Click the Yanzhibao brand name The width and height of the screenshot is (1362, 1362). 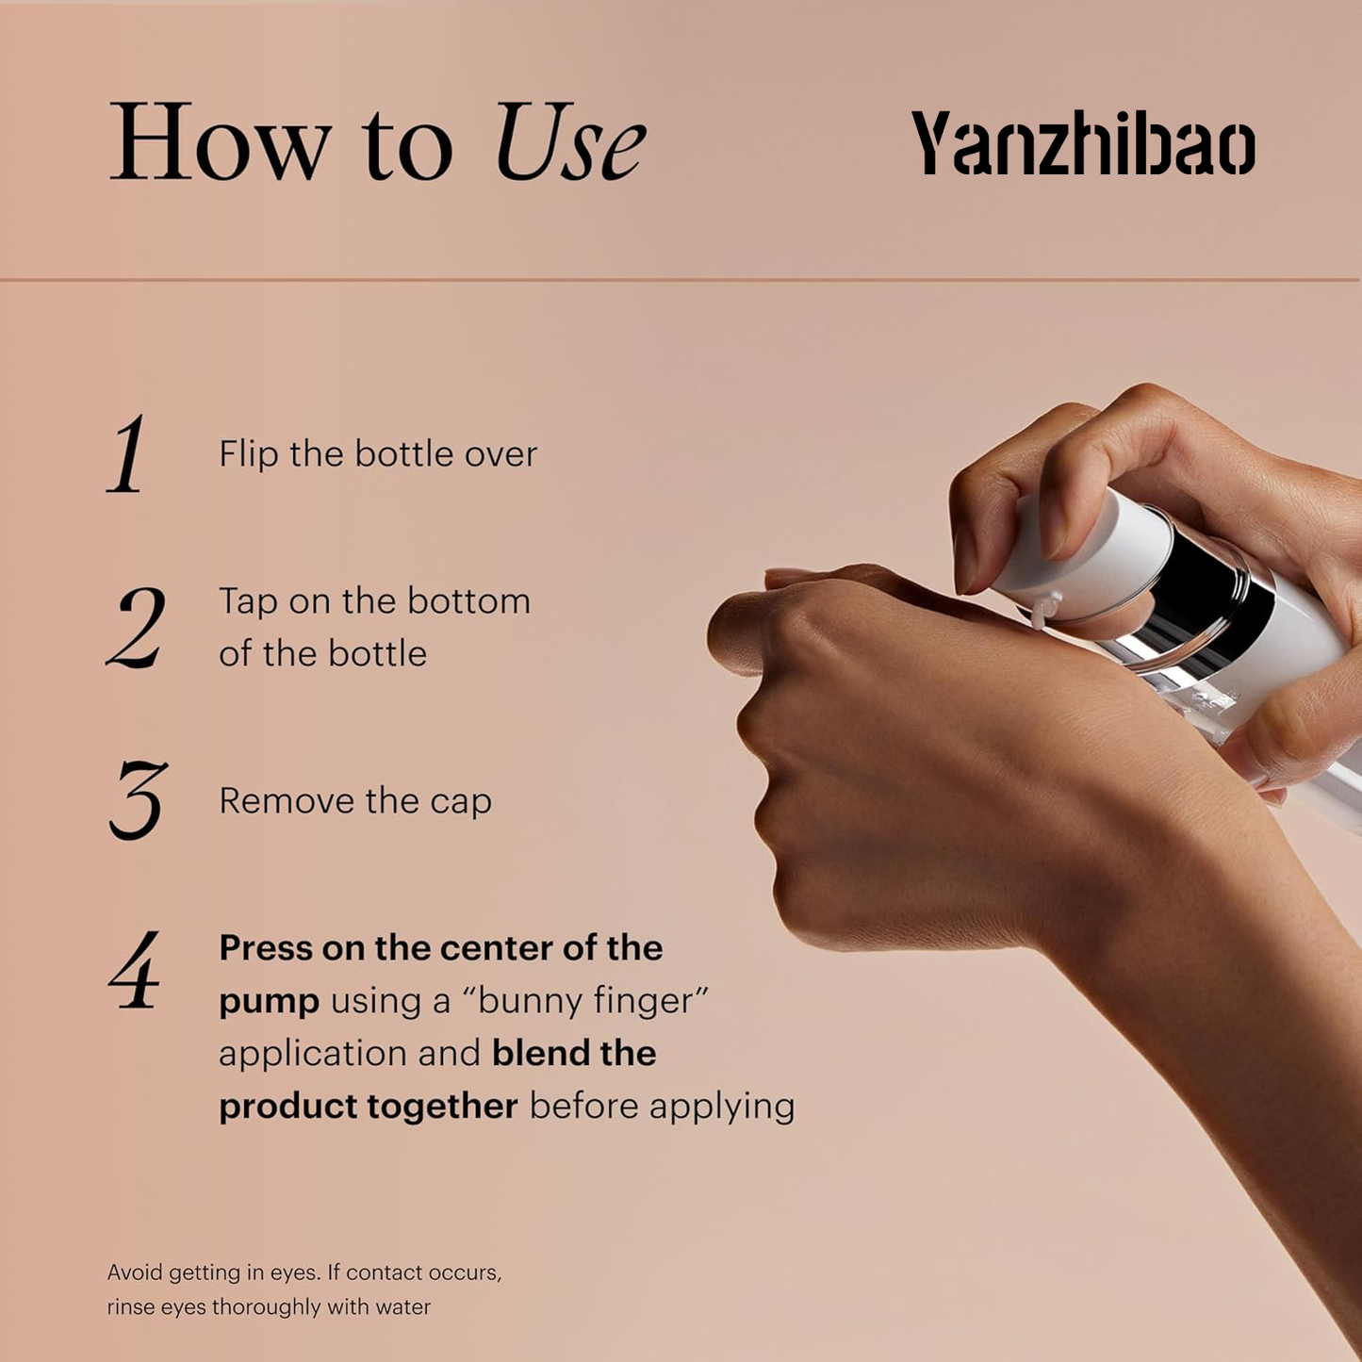point(1083,142)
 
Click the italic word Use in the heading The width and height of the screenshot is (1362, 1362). point(569,141)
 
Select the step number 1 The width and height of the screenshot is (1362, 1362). point(126,453)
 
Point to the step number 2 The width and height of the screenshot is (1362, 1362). point(137,627)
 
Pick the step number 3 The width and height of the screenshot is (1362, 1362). point(139,800)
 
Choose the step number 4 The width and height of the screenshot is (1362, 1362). point(134,969)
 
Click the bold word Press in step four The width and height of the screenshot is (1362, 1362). point(266,948)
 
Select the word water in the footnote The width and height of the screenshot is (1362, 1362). point(402,1307)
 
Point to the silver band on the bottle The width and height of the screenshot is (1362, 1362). point(1194,600)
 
